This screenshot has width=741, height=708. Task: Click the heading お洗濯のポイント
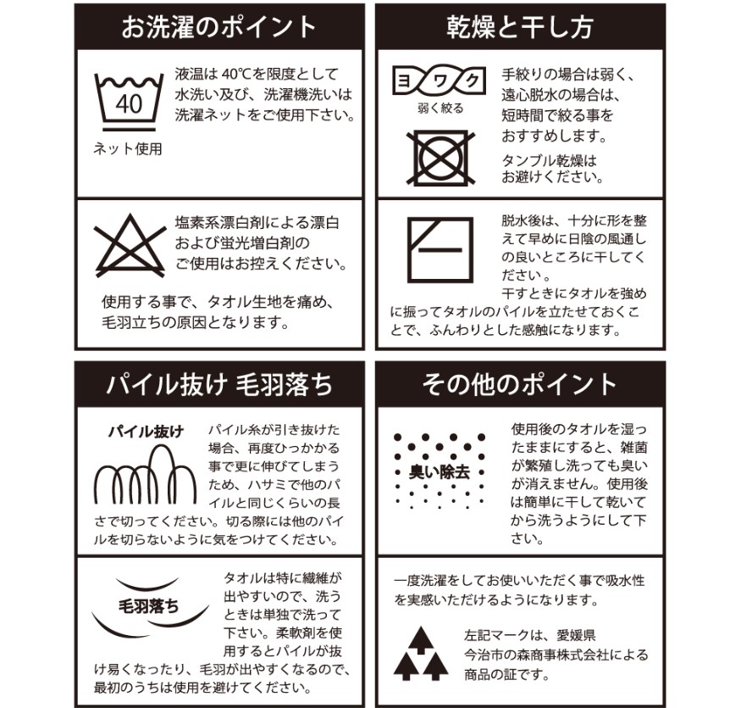[x=218, y=27]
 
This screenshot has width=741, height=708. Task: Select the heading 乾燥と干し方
[x=520, y=27]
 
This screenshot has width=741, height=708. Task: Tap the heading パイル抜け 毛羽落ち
[x=219, y=384]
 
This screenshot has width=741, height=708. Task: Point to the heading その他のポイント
[x=519, y=384]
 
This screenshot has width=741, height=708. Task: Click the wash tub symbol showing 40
[x=129, y=102]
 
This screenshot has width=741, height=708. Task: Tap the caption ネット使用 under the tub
[x=128, y=149]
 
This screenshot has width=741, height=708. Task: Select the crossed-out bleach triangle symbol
[x=130, y=246]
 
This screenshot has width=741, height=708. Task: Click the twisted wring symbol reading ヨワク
[x=439, y=81]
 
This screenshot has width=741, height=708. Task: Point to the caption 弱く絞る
[x=440, y=109]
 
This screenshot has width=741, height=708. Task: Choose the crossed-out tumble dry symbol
[x=440, y=158]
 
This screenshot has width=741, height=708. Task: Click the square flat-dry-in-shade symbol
[x=440, y=249]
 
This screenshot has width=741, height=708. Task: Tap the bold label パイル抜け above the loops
[x=146, y=432]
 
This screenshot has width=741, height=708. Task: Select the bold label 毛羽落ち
[x=148, y=606]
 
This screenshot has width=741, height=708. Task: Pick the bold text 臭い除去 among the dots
[x=440, y=471]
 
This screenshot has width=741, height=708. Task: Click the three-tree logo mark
[x=421, y=654]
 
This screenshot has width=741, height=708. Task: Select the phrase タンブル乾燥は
[x=549, y=161]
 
